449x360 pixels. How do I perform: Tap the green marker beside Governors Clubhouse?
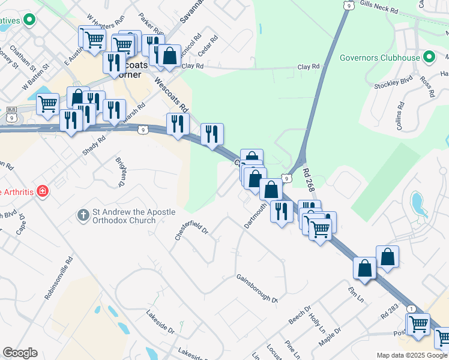point(429,58)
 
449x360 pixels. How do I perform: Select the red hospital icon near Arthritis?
point(43,192)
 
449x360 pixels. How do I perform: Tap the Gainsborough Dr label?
point(257,289)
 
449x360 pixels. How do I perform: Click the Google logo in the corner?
point(20,353)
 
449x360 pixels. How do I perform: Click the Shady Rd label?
point(94,143)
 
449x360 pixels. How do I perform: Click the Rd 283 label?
point(389,311)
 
